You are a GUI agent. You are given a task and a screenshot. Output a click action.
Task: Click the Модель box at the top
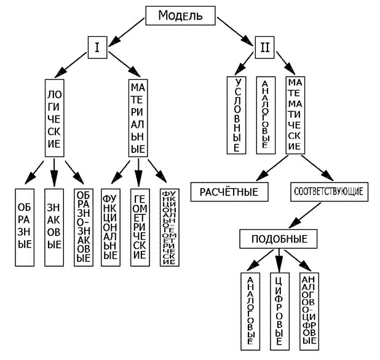point(180,16)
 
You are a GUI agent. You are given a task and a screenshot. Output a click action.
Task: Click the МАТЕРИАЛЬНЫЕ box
point(138,117)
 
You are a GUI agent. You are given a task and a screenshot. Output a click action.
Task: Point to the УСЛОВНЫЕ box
point(237,114)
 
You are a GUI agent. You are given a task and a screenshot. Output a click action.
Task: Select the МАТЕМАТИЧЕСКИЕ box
point(295,114)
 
